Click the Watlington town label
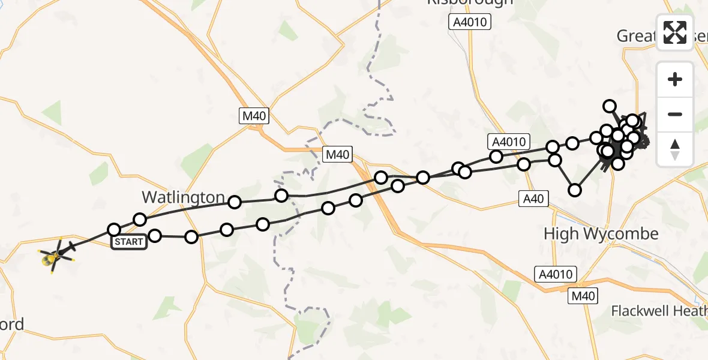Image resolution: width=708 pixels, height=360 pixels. coord(183,197)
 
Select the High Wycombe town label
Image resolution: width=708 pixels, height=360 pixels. coord(601,233)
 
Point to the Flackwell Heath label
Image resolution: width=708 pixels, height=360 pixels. coord(659,311)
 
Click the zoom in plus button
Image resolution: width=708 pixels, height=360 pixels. coord(675,79)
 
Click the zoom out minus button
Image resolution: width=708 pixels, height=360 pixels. coord(675,114)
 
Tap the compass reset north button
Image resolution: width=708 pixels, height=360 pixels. coord(675,149)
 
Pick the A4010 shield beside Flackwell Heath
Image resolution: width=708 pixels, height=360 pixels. coord(556,275)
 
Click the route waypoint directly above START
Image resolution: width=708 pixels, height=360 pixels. coord(114,229)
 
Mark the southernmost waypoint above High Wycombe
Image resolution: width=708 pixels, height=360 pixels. coord(575,190)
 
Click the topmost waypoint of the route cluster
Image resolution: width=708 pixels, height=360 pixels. coord(610,106)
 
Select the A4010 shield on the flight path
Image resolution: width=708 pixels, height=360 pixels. coord(508,142)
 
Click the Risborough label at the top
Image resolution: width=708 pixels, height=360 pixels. coord(470,2)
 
